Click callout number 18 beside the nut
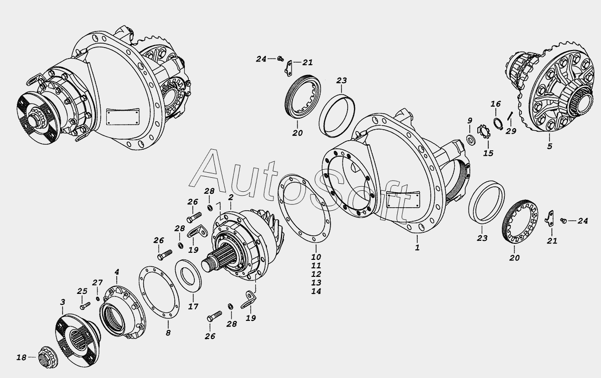[x=21, y=357]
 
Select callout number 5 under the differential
[x=549, y=147]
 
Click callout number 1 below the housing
[x=417, y=247]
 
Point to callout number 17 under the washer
[x=193, y=306]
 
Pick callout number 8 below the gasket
[x=168, y=332]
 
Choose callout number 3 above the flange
[x=63, y=302]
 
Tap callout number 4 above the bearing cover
[x=117, y=272]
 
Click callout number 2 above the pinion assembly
[x=230, y=198]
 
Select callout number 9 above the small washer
[x=470, y=121]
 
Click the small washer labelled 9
[x=471, y=139]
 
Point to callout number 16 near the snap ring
[x=495, y=104]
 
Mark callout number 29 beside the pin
[x=510, y=131]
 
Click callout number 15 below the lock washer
[x=488, y=153]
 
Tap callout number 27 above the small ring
[x=97, y=282]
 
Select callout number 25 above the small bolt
[x=82, y=291]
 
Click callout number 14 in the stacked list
[x=316, y=291]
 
